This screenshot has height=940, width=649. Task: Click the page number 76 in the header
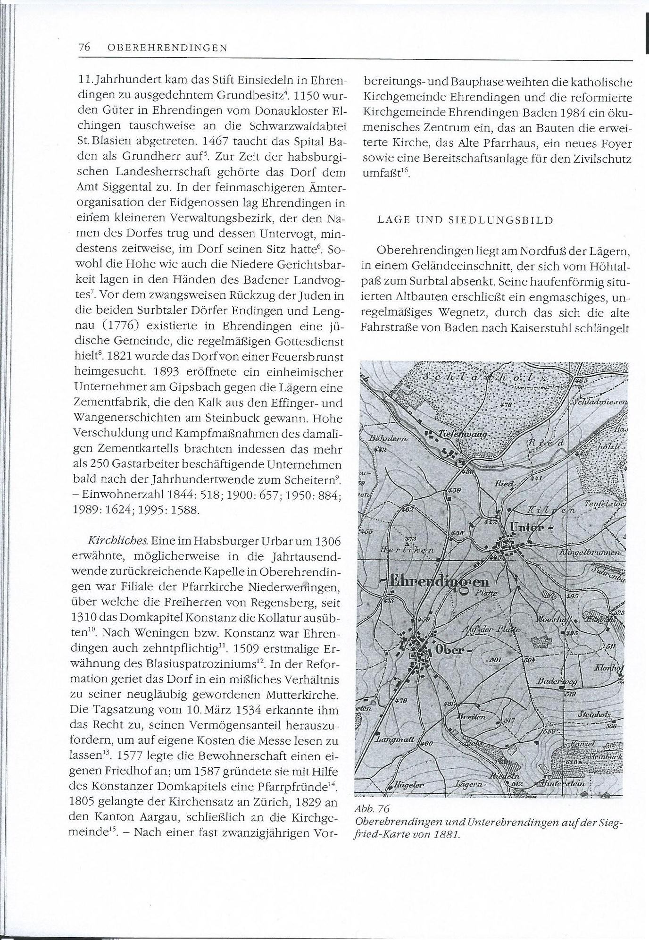tap(84, 47)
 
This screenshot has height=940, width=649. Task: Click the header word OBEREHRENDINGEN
tap(167, 48)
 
